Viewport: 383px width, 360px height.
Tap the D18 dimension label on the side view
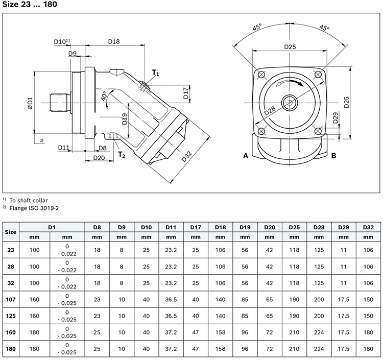[x=115, y=40]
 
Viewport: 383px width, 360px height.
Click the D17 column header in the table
[x=196, y=227]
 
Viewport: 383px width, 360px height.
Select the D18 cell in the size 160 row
[x=221, y=332]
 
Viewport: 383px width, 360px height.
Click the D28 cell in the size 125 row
[x=319, y=317]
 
